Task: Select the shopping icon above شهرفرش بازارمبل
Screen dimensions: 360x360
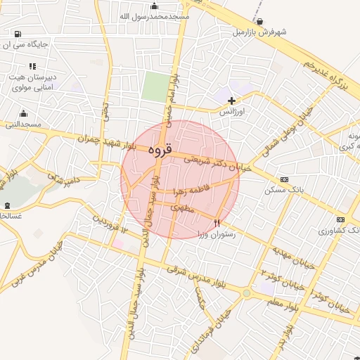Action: [261, 22]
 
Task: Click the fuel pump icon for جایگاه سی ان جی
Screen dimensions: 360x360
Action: [17, 34]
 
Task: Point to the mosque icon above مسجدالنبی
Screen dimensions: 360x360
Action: [23, 114]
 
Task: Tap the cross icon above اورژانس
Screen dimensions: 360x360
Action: [231, 101]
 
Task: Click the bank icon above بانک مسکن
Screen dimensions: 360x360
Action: [283, 179]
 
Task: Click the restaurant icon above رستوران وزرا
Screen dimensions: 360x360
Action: [226, 223]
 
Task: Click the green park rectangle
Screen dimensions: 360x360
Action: [155, 86]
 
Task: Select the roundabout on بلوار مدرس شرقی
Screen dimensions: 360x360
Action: [247, 293]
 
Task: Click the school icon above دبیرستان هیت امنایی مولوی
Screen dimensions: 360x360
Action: [32, 65]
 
